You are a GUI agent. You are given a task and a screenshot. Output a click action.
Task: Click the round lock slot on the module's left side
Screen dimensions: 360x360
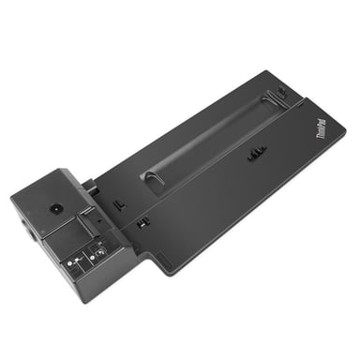pyautogui.click(x=22, y=230)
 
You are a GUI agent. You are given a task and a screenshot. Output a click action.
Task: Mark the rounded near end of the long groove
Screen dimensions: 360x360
pyautogui.click(x=151, y=177)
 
